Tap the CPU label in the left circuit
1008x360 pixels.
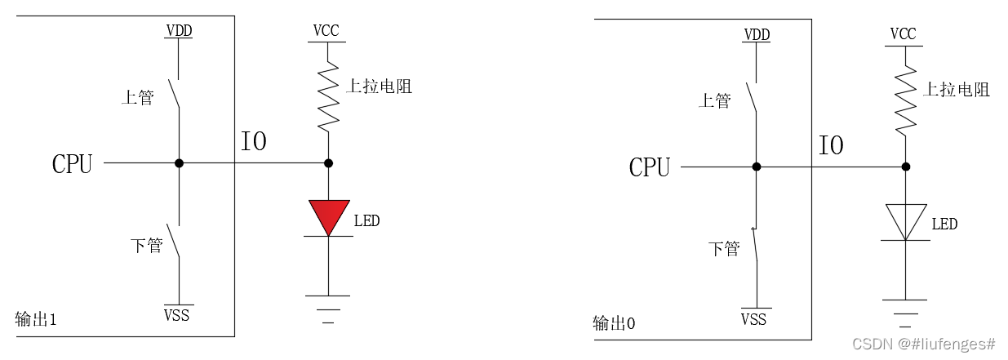coord(72,164)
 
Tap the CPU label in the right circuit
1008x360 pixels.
coord(649,168)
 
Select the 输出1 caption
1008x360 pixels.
coord(36,319)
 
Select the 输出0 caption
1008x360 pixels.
coord(614,323)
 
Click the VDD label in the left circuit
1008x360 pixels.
coord(179,31)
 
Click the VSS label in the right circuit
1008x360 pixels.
coord(753,318)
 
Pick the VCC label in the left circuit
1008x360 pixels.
coord(326,31)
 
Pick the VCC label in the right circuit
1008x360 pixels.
coord(903,34)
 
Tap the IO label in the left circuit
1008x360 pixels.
coord(254,141)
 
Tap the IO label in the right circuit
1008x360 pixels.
coord(831,146)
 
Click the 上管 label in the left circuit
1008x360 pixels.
coord(137,98)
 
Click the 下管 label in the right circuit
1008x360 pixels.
coord(724,249)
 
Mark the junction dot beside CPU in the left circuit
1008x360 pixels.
coord(179,162)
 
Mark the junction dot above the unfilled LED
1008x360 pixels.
coord(905,167)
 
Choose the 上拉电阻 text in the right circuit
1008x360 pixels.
coord(956,90)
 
